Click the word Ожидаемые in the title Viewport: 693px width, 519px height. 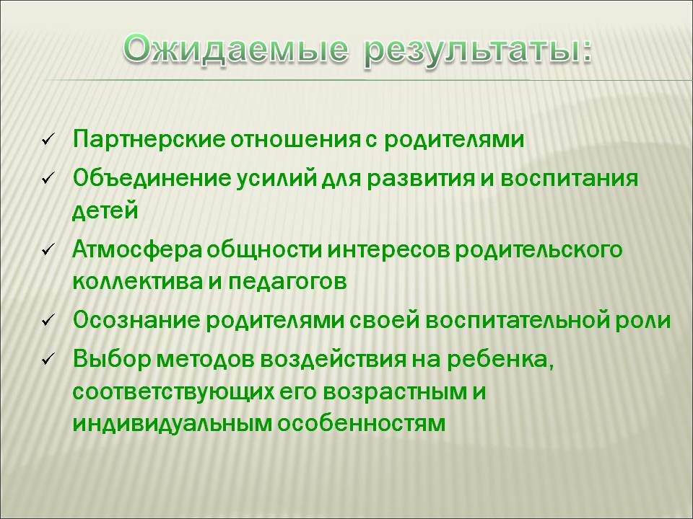point(235,50)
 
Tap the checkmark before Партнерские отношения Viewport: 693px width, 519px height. point(48,140)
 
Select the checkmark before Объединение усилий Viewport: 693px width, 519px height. point(48,179)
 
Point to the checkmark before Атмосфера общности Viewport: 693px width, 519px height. point(48,250)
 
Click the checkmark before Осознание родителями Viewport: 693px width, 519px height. point(48,320)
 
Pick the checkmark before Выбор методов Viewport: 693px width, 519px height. point(48,359)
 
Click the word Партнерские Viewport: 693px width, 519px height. point(149,140)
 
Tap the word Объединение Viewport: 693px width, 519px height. point(152,179)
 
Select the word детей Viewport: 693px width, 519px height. point(105,210)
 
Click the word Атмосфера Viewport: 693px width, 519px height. point(137,250)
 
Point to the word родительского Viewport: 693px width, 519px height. point(539,251)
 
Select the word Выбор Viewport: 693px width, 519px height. point(112,360)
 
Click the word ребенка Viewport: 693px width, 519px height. point(500,360)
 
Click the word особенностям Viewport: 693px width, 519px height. point(362,424)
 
